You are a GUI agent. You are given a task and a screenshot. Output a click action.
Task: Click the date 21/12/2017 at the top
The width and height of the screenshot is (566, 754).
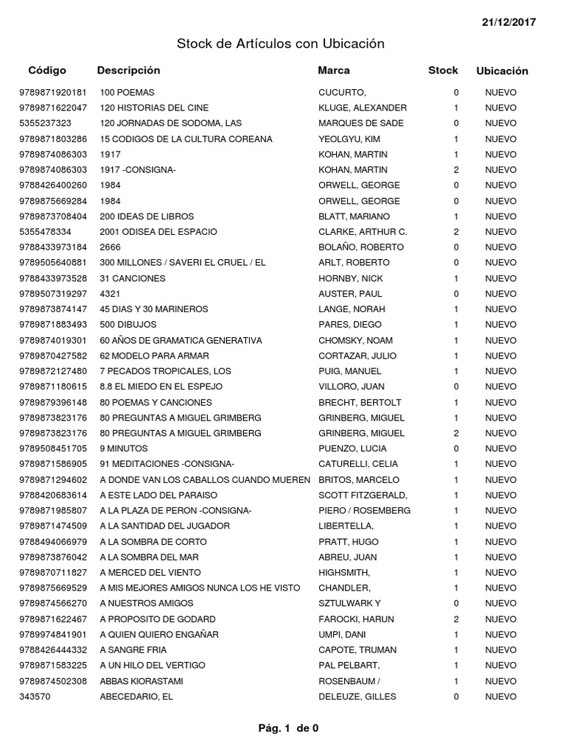point(509,22)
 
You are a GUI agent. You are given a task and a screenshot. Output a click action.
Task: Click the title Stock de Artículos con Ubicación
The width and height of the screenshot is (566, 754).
point(281,44)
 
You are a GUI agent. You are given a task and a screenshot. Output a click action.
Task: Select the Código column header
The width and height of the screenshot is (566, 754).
point(47,71)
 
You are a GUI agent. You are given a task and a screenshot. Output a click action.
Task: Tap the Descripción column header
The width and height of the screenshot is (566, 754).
point(128,71)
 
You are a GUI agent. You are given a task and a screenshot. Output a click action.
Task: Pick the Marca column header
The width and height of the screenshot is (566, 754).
point(334,71)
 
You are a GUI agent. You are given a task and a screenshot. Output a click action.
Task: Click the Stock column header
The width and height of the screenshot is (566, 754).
point(443,71)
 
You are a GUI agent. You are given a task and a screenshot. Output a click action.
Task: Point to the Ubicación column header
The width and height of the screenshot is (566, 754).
point(502,71)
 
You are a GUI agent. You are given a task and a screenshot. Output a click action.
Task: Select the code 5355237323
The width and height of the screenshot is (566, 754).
point(46,124)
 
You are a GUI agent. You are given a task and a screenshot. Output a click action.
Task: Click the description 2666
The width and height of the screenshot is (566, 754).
point(110,247)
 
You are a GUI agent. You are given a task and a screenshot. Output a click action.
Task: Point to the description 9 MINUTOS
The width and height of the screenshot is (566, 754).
point(124,448)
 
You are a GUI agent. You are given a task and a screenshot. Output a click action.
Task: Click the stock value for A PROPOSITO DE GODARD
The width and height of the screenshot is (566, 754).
point(456,619)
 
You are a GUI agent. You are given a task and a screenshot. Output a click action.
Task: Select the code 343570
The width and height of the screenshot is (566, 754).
point(35,697)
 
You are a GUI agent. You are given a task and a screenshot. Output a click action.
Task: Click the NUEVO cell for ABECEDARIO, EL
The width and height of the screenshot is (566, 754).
point(501,697)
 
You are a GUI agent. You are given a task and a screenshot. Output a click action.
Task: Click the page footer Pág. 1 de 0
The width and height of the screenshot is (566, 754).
point(288,729)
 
